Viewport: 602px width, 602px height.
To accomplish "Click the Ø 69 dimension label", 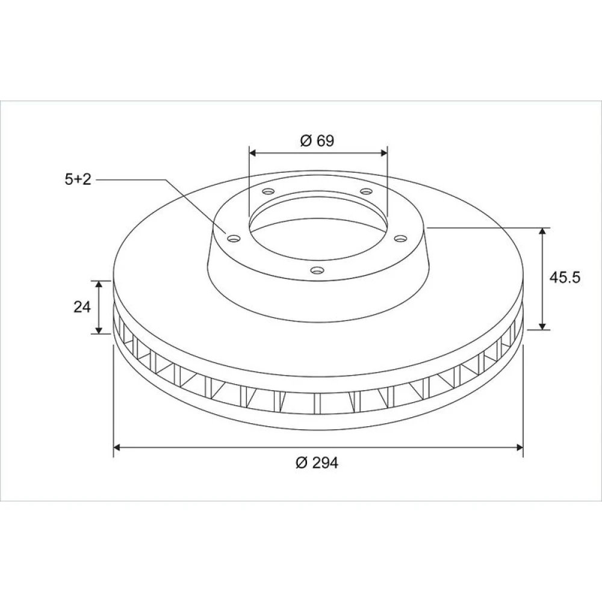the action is pyautogui.click(x=317, y=140).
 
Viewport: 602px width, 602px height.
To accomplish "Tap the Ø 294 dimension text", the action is pyautogui.click(x=317, y=462).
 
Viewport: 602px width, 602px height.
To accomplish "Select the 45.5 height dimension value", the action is pyautogui.click(x=565, y=277).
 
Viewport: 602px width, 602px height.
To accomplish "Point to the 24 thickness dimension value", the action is pyautogui.click(x=82, y=307).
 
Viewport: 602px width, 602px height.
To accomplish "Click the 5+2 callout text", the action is pyautogui.click(x=78, y=179).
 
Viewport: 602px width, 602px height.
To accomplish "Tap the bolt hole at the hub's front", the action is pyautogui.click(x=317, y=271).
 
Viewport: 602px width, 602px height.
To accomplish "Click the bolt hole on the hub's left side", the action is pyautogui.click(x=234, y=239).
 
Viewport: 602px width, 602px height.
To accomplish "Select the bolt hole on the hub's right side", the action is pyautogui.click(x=400, y=239).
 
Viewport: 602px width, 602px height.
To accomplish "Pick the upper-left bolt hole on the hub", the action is pyautogui.click(x=268, y=191).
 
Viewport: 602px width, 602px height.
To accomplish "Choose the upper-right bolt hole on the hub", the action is pyautogui.click(x=366, y=191).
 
